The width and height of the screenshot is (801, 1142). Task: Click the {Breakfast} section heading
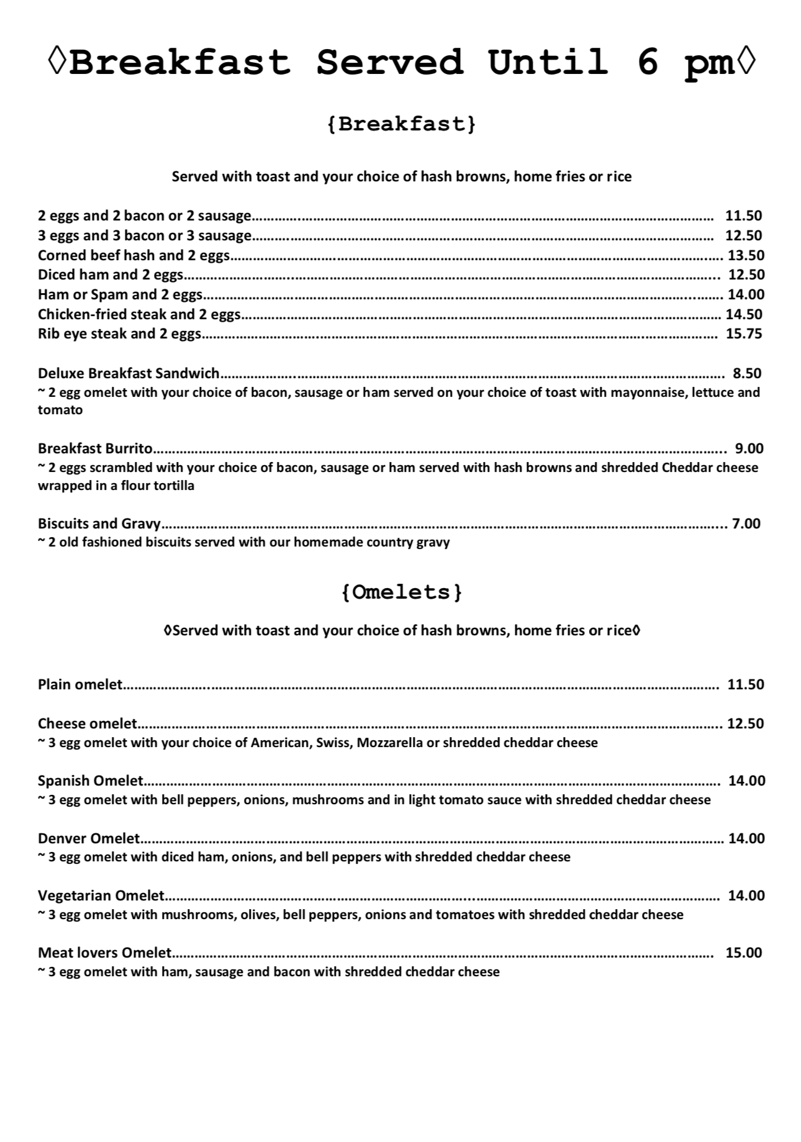pyautogui.click(x=401, y=124)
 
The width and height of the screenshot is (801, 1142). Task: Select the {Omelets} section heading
pyautogui.click(x=402, y=592)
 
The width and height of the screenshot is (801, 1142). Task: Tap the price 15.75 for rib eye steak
pyautogui.click(x=744, y=333)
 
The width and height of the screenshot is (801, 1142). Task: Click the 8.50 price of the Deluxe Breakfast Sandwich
pyautogui.click(x=747, y=373)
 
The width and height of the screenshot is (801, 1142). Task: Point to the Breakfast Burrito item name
pyautogui.click(x=96, y=448)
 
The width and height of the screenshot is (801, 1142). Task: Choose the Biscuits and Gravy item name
pyautogui.click(x=99, y=523)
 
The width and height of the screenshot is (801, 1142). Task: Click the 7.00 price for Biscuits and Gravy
pyautogui.click(x=746, y=523)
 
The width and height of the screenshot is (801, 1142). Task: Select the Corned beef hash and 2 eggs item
pyautogui.click(x=133, y=255)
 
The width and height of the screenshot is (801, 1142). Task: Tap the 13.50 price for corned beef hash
pyautogui.click(x=746, y=255)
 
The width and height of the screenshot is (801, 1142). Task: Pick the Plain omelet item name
pyautogui.click(x=80, y=684)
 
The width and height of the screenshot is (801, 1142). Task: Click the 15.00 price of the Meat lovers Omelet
pyautogui.click(x=744, y=953)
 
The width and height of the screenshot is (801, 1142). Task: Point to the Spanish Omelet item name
pyautogui.click(x=91, y=781)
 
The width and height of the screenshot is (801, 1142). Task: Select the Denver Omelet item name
pyautogui.click(x=89, y=838)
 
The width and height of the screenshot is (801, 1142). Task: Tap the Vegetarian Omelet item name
pyautogui.click(x=101, y=895)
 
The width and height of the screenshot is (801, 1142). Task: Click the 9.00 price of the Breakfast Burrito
pyautogui.click(x=749, y=448)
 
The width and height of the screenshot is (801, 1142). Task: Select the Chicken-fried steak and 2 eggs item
pyautogui.click(x=139, y=314)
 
